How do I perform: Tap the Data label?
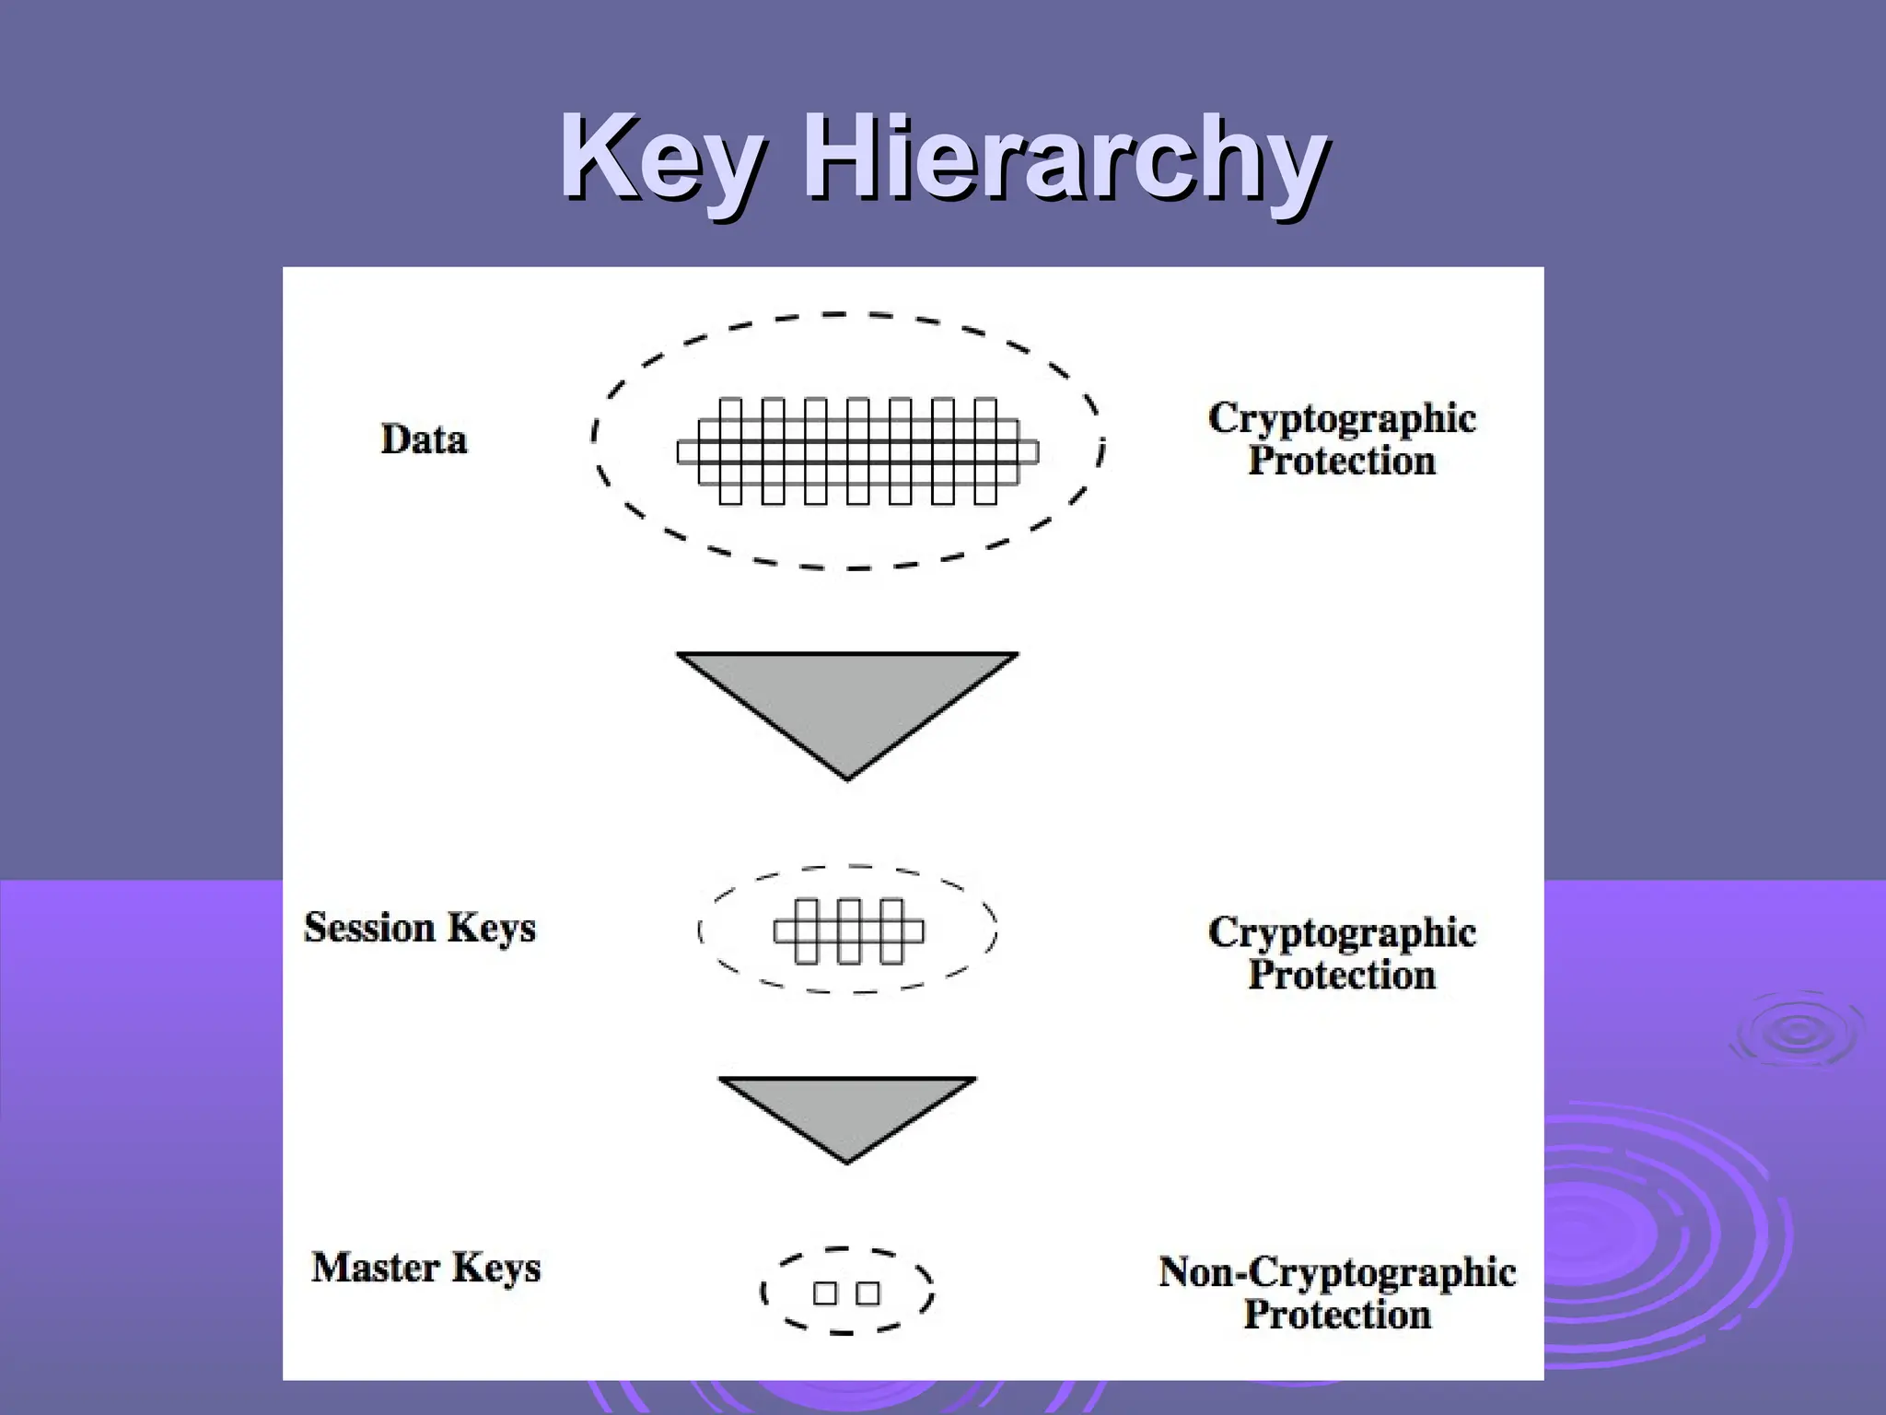pyautogui.click(x=424, y=439)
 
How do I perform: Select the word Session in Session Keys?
pyautogui.click(x=368, y=927)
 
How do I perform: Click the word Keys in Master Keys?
pyautogui.click(x=495, y=1269)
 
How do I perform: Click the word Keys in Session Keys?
pyautogui.click(x=491, y=929)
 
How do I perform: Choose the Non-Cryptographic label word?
pyautogui.click(x=1336, y=1272)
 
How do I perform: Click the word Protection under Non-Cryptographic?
pyautogui.click(x=1337, y=1315)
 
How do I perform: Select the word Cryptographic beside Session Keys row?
pyautogui.click(x=1342, y=933)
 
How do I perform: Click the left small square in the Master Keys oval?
pyautogui.click(x=825, y=1293)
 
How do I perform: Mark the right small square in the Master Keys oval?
pyautogui.click(x=867, y=1293)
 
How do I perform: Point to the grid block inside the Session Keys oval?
pyautogui.click(x=848, y=931)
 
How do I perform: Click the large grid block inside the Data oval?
pyautogui.click(x=857, y=451)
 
